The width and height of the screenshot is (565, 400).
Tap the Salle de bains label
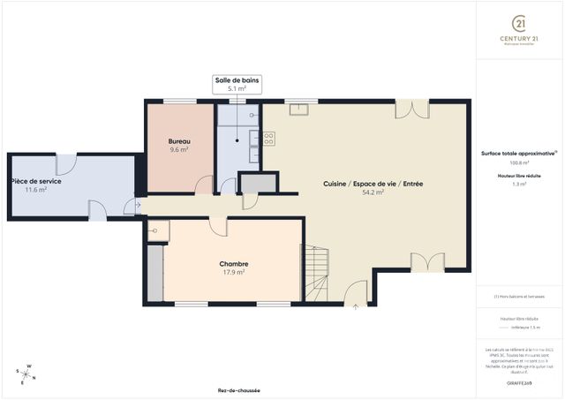[x=237, y=80]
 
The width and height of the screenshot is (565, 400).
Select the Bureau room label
[x=180, y=141]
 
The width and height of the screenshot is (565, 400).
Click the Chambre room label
[x=234, y=263]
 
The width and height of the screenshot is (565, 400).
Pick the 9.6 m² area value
[x=180, y=150]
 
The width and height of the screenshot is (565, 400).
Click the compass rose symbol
[x=27, y=374]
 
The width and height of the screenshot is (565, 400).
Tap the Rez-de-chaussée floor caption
[x=238, y=390]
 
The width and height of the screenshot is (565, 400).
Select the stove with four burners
[x=267, y=138]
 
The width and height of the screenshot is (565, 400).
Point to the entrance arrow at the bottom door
[x=356, y=306]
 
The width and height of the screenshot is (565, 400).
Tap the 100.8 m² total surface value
[x=519, y=162]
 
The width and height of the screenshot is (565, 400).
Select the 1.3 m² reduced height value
[x=519, y=185]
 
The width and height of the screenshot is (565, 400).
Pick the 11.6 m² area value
[x=36, y=189]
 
